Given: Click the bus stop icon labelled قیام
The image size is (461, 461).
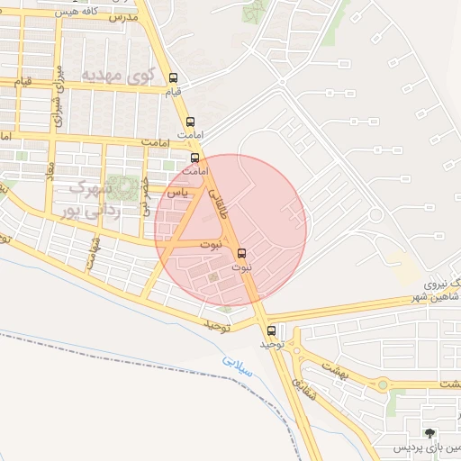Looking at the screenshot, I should click(173, 77).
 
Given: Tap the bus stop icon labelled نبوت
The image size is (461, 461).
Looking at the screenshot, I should click(241, 253).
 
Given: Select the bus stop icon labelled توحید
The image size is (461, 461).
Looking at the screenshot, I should click(272, 330).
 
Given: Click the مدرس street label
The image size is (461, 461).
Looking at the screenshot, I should click(122, 16).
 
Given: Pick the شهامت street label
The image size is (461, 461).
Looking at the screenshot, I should click(93, 251).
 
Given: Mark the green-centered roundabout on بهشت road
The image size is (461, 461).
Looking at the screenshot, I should click(383, 385).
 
